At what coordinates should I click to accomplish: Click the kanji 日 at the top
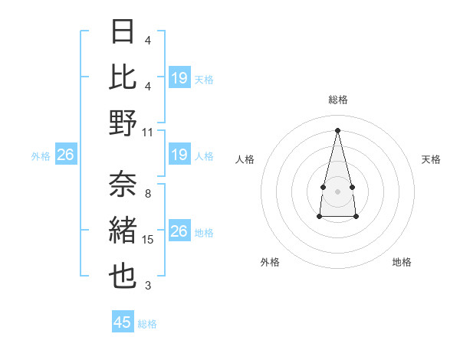pos(123,31)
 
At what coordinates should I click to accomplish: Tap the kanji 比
pos(123,77)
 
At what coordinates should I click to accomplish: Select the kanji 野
pos(123,123)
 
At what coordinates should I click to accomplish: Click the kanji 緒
pos(123,231)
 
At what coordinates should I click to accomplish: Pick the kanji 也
pos(123,277)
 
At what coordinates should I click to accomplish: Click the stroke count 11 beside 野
pos(148,132)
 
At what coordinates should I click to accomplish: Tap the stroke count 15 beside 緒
pos(148,240)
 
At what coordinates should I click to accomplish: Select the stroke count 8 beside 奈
pos(148,193)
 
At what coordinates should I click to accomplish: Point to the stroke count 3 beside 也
pos(148,286)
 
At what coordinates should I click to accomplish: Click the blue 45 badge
pos(123,322)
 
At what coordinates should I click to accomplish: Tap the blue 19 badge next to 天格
pos(179,78)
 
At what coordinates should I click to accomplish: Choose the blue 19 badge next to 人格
pos(179,155)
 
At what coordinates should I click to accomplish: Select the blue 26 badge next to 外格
pos(65,155)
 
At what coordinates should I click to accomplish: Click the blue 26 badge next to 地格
pos(179,232)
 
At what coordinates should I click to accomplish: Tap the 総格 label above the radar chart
pos(338,100)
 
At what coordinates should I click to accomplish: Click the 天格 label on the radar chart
pos(431,159)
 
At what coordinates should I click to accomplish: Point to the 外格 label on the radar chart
pos(270,262)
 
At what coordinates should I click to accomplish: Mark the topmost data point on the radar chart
pos(338,129)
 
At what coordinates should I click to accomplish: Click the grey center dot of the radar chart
pos(338,190)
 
